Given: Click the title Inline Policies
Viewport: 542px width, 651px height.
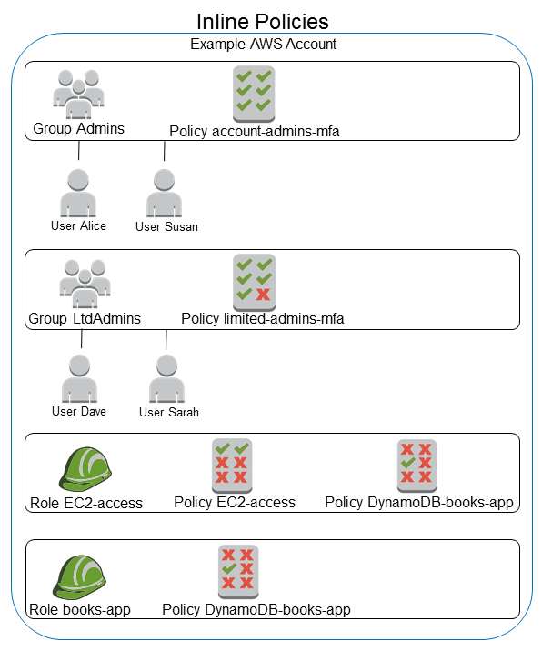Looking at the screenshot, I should click(x=263, y=20).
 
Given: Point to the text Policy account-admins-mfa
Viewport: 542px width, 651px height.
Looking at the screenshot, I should click(x=254, y=132).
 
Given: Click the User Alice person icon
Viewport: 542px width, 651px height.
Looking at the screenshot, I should click(x=78, y=194).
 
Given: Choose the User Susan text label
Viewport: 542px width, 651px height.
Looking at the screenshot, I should click(x=166, y=226).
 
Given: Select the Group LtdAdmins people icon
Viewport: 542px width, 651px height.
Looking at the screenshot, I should click(x=84, y=283).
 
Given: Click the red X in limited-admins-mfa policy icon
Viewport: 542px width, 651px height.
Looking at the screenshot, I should click(x=264, y=294).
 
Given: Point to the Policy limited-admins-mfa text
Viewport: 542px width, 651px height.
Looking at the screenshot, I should click(x=262, y=318).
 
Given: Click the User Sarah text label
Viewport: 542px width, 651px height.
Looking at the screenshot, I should click(x=168, y=412).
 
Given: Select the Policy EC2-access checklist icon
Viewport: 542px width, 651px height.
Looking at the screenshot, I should click(x=231, y=464).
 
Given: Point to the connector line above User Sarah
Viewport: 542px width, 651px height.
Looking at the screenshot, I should click(x=166, y=338).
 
